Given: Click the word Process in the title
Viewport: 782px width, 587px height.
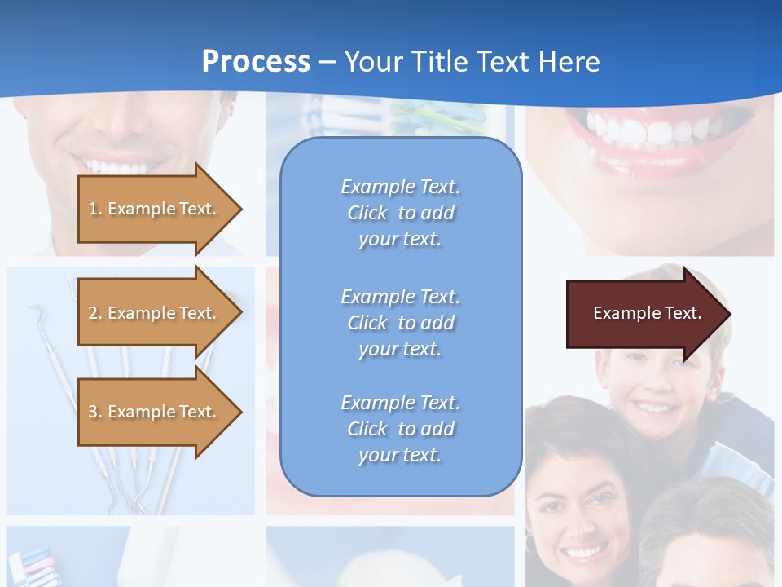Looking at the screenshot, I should (256, 62).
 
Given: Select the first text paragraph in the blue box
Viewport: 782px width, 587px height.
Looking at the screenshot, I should (400, 213).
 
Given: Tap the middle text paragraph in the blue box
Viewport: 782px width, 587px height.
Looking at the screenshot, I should (400, 323).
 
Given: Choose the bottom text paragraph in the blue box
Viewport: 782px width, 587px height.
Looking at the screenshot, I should (400, 429).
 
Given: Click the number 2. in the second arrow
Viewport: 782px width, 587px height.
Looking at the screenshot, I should (95, 313).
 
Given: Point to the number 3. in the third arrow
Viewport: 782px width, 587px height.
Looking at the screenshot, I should (95, 412).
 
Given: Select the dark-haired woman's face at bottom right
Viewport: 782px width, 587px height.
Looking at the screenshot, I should (578, 522).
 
